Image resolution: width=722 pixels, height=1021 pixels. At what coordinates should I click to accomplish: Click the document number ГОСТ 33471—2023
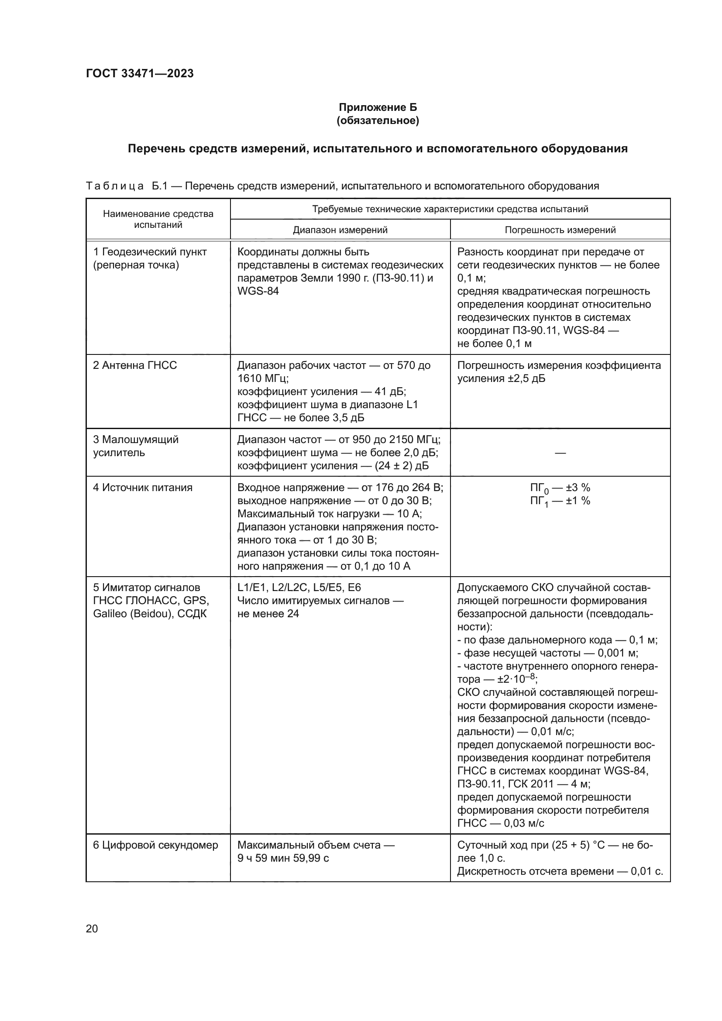(140, 73)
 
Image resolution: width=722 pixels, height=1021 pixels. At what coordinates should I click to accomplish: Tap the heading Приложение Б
(378, 107)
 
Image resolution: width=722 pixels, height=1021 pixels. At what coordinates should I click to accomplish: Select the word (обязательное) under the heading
(378, 120)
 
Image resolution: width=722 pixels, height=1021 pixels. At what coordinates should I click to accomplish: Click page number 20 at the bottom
(92, 928)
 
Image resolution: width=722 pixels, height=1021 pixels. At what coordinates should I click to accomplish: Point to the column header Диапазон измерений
(340, 230)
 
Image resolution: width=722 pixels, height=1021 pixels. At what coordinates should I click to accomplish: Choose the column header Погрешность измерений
(560, 230)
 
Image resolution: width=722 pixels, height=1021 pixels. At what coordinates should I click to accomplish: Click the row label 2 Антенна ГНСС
(135, 365)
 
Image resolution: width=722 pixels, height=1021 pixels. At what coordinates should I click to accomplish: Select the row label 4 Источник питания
(142, 488)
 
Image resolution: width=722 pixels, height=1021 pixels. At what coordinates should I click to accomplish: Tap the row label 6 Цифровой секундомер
(155, 845)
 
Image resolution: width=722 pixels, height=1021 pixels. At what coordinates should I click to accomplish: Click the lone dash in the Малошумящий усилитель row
(560, 453)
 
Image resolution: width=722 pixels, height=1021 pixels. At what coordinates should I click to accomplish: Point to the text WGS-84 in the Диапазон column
(258, 291)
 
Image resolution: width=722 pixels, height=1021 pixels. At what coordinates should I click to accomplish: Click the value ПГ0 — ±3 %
(560, 488)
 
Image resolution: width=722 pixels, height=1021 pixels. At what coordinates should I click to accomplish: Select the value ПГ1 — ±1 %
(560, 501)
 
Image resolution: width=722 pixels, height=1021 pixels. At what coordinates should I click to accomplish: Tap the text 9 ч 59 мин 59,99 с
(283, 858)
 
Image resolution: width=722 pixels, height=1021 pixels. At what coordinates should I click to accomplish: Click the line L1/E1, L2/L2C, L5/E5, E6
(299, 588)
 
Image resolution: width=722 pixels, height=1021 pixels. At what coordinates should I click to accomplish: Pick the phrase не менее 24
(268, 614)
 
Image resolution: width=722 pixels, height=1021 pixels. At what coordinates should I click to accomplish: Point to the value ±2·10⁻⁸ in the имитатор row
(516, 680)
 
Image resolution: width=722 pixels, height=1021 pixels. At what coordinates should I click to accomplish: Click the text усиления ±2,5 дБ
(501, 379)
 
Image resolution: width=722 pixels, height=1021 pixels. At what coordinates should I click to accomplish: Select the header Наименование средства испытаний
(158, 219)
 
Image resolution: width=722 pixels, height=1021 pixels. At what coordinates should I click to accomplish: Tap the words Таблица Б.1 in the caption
(126, 186)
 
